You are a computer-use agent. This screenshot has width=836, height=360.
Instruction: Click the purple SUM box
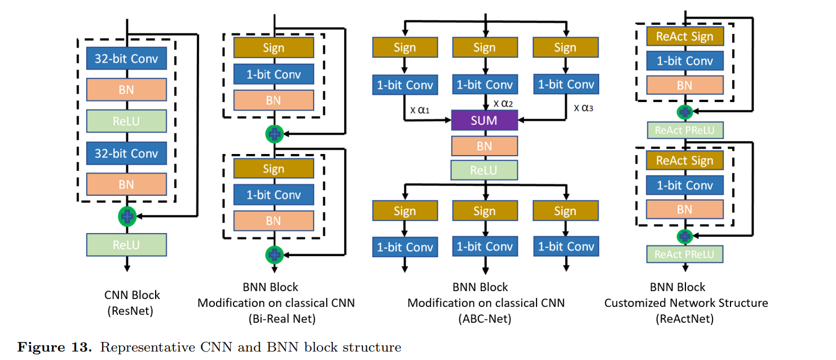(484, 120)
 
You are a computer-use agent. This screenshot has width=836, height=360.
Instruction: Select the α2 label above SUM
(504, 103)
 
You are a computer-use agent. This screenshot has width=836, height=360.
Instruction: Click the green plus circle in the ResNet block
(127, 215)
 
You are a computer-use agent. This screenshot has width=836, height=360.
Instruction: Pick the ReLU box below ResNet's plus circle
(126, 245)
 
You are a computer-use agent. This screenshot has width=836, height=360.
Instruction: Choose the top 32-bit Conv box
(126, 58)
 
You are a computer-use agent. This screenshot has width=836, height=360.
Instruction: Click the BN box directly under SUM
(484, 146)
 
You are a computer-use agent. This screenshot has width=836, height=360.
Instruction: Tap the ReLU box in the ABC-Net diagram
(484, 170)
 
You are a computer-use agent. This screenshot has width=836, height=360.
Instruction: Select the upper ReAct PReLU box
(684, 131)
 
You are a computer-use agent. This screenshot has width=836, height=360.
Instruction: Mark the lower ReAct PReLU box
(684, 254)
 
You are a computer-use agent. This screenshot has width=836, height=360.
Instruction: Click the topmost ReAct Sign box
(684, 37)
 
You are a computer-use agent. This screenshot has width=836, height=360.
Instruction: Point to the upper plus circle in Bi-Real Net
(274, 134)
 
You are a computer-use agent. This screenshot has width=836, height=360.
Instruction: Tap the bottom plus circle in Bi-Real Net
(274, 254)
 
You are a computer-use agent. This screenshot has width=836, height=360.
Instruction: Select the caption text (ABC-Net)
(486, 319)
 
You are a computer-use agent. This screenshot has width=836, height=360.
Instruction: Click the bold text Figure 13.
(54, 347)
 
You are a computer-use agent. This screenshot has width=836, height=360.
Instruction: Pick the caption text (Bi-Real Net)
(281, 319)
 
